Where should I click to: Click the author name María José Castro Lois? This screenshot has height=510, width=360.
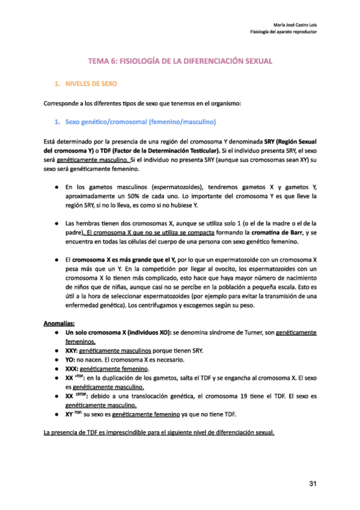pyautogui.click(x=293, y=24)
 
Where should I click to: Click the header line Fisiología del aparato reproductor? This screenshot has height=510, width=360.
pyautogui.click(x=283, y=32)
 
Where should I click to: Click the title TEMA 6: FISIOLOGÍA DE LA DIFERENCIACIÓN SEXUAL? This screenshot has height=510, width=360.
pyautogui.click(x=180, y=61)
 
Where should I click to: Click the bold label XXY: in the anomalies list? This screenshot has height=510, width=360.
pyautogui.click(x=72, y=350)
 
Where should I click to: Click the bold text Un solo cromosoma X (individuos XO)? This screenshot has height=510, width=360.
pyautogui.click(x=118, y=332)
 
